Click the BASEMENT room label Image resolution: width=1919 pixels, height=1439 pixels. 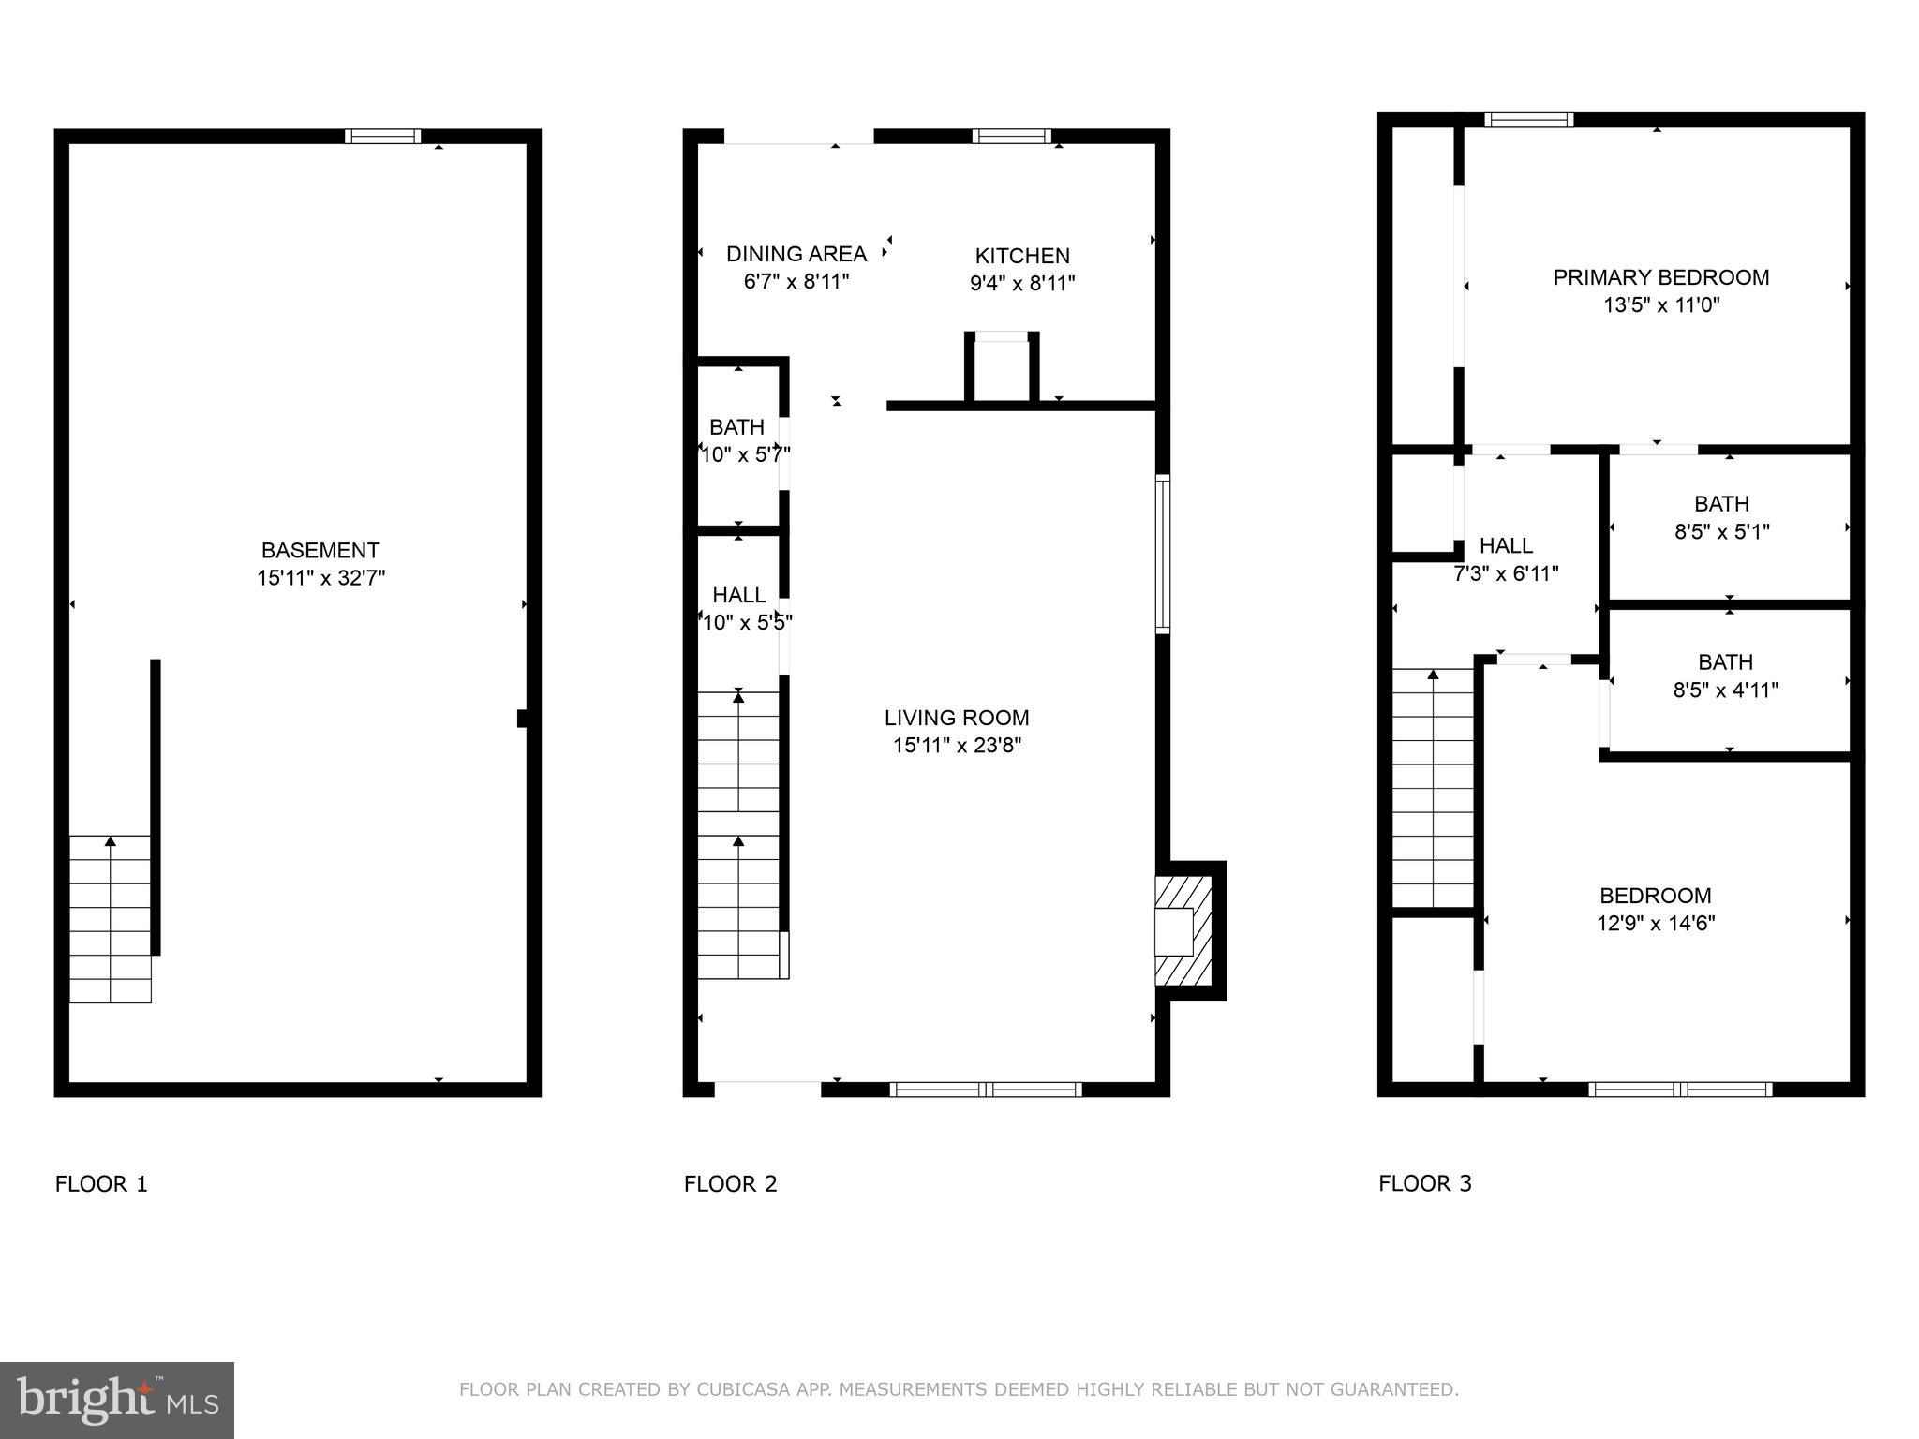[320, 550]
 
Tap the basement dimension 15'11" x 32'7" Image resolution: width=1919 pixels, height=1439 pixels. [320, 578]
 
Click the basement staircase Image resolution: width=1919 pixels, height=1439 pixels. [111, 918]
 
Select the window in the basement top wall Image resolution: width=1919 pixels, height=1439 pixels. [382, 137]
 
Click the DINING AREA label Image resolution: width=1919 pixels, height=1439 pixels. [796, 254]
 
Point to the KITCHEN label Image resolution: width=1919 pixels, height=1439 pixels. [1021, 256]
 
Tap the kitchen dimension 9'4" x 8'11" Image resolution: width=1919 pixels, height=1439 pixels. [1021, 283]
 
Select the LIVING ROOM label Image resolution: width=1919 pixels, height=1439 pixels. [956, 718]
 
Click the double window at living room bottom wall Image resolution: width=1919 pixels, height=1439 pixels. [985, 1089]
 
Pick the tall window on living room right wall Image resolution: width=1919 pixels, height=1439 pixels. [1162, 554]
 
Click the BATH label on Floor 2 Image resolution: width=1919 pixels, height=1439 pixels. [736, 427]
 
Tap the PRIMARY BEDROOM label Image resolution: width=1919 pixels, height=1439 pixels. [1660, 277]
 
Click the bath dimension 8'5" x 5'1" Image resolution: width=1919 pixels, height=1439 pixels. [1721, 532]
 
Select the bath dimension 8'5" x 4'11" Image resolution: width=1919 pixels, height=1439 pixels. [1725, 690]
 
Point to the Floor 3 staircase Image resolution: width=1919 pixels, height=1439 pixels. [1433, 787]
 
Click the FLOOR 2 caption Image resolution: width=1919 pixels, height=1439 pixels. [730, 1183]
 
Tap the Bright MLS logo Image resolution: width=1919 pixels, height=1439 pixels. [117, 1400]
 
